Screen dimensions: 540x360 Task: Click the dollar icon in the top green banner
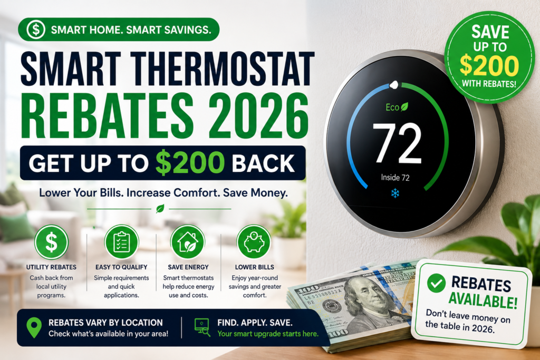(36, 30)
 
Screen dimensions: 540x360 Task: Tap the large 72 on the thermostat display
(397, 143)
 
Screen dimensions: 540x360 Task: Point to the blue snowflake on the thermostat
(395, 193)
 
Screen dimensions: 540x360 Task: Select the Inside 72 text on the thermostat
(396, 178)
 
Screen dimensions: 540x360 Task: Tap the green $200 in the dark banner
(190, 162)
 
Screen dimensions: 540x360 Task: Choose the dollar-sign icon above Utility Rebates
(51, 242)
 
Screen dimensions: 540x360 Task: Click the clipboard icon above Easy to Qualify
(121, 242)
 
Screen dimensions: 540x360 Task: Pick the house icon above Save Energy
(188, 242)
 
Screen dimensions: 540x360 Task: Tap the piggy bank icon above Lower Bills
(254, 242)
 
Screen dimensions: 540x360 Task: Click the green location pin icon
(34, 327)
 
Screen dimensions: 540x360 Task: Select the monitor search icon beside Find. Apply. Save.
(202, 327)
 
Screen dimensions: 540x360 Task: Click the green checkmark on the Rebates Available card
(436, 283)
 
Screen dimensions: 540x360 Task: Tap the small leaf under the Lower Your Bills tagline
(160, 209)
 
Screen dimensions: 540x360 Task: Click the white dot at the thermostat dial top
(394, 84)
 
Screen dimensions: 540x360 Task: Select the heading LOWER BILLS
(255, 267)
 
